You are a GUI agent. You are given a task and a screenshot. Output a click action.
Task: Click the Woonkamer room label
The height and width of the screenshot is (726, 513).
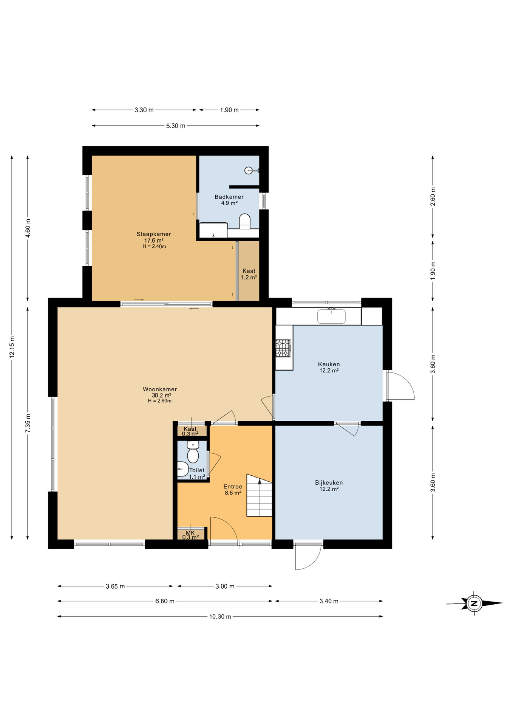click(x=160, y=389)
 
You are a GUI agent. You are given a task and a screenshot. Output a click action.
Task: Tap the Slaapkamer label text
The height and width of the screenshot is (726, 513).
click(x=154, y=234)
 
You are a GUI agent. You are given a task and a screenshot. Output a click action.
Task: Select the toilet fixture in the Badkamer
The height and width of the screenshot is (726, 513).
click(x=245, y=221)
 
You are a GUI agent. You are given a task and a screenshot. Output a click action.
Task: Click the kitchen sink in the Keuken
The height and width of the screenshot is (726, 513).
click(x=331, y=316)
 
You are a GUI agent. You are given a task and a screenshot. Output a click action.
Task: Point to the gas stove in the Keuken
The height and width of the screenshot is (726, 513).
click(x=283, y=348)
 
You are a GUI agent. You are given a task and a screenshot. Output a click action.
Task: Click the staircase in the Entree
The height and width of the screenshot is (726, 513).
click(x=260, y=495)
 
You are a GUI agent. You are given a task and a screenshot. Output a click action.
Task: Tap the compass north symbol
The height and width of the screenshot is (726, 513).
click(x=474, y=603)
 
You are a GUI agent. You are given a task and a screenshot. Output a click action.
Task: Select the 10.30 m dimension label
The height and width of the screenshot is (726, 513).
click(x=220, y=616)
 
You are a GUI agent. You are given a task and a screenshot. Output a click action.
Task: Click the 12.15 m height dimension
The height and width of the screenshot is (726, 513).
click(x=12, y=347)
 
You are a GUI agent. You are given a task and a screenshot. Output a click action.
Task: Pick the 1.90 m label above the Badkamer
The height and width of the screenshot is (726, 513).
click(x=229, y=110)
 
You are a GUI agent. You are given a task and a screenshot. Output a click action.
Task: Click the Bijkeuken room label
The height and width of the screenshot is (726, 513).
click(x=329, y=483)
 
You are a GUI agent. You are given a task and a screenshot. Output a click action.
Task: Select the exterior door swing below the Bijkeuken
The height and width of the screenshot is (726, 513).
click(x=308, y=557)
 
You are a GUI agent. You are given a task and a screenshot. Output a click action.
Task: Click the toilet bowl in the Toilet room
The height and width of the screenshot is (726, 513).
click(x=193, y=455)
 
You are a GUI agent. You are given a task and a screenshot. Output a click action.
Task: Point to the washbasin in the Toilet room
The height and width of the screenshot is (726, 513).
click(x=182, y=469)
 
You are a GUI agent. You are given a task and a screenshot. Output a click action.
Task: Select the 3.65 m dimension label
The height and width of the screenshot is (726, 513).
click(x=115, y=586)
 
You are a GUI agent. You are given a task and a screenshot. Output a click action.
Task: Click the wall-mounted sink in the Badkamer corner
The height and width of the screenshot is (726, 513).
click(x=249, y=171)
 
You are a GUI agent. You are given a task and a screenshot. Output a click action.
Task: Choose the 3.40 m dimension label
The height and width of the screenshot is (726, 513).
click(x=329, y=601)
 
